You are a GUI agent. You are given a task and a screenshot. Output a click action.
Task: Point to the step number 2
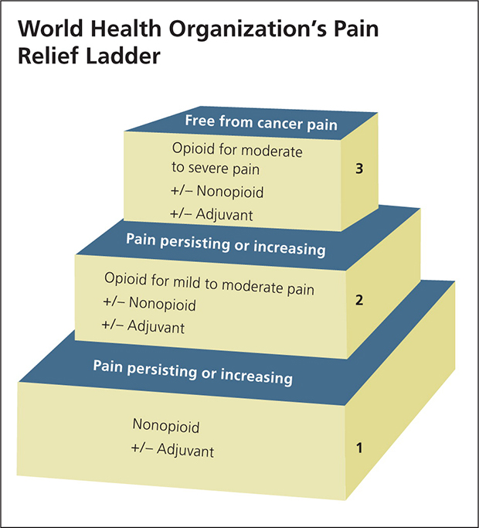[358, 301]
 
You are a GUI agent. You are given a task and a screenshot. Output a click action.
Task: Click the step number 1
[358, 447]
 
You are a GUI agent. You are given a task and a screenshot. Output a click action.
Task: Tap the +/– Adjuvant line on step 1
[172, 449]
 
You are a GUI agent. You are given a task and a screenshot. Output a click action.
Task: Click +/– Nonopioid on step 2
[148, 305]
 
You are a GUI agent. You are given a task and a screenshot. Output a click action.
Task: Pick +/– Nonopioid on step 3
[213, 192]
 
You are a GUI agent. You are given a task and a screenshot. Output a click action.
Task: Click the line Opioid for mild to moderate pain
[209, 281]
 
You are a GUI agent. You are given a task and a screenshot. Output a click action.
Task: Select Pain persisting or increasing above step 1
[192, 371]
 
